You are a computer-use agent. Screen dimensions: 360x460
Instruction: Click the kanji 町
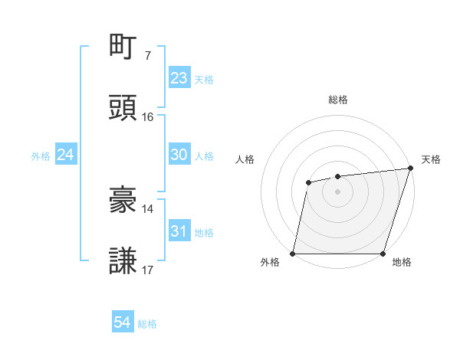coord(124,47)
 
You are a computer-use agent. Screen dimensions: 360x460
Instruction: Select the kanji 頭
coord(124,108)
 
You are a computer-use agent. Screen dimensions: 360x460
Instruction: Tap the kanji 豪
coord(124,200)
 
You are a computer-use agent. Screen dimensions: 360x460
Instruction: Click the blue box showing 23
coord(179,77)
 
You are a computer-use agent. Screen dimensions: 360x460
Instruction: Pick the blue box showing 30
coord(179,155)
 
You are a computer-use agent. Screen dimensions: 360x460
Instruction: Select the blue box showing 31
coord(179,231)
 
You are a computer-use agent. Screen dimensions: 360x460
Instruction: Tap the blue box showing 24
coord(66,155)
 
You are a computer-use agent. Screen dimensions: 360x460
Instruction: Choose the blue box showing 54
coord(123,323)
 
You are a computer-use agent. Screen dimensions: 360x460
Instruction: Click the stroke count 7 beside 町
coord(148,56)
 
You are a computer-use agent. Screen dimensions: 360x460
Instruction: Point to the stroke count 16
coord(148,117)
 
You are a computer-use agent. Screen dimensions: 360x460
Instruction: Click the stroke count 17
coord(148,270)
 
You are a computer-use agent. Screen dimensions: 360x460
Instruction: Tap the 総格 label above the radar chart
coord(338,100)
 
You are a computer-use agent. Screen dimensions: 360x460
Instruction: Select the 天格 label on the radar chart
coord(431,159)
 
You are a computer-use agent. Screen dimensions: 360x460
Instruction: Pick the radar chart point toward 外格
coord(293,254)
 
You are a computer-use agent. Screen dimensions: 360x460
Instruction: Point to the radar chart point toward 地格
coord(383,254)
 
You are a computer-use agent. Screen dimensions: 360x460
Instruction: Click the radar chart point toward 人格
coord(308,182)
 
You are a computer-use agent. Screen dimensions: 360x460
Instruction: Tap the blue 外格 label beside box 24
coord(40,155)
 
